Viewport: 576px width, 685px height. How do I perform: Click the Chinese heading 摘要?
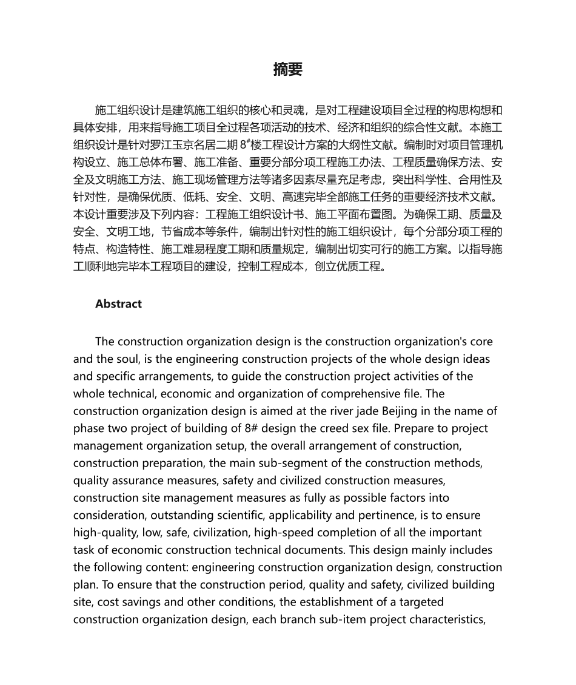point(287,69)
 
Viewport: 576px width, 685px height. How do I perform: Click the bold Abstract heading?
point(118,304)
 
